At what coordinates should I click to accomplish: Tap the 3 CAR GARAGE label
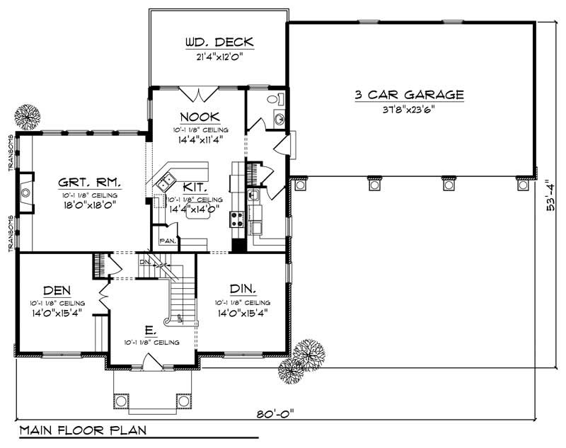click(x=410, y=94)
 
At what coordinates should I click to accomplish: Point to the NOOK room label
click(x=200, y=117)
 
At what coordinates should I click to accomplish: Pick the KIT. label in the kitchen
click(x=195, y=188)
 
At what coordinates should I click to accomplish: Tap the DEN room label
click(x=57, y=289)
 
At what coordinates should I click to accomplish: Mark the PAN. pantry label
click(x=167, y=241)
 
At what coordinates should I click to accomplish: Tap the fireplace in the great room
click(x=25, y=191)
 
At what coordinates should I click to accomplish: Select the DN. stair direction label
click(x=145, y=262)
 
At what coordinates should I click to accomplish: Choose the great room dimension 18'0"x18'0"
click(x=88, y=205)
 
